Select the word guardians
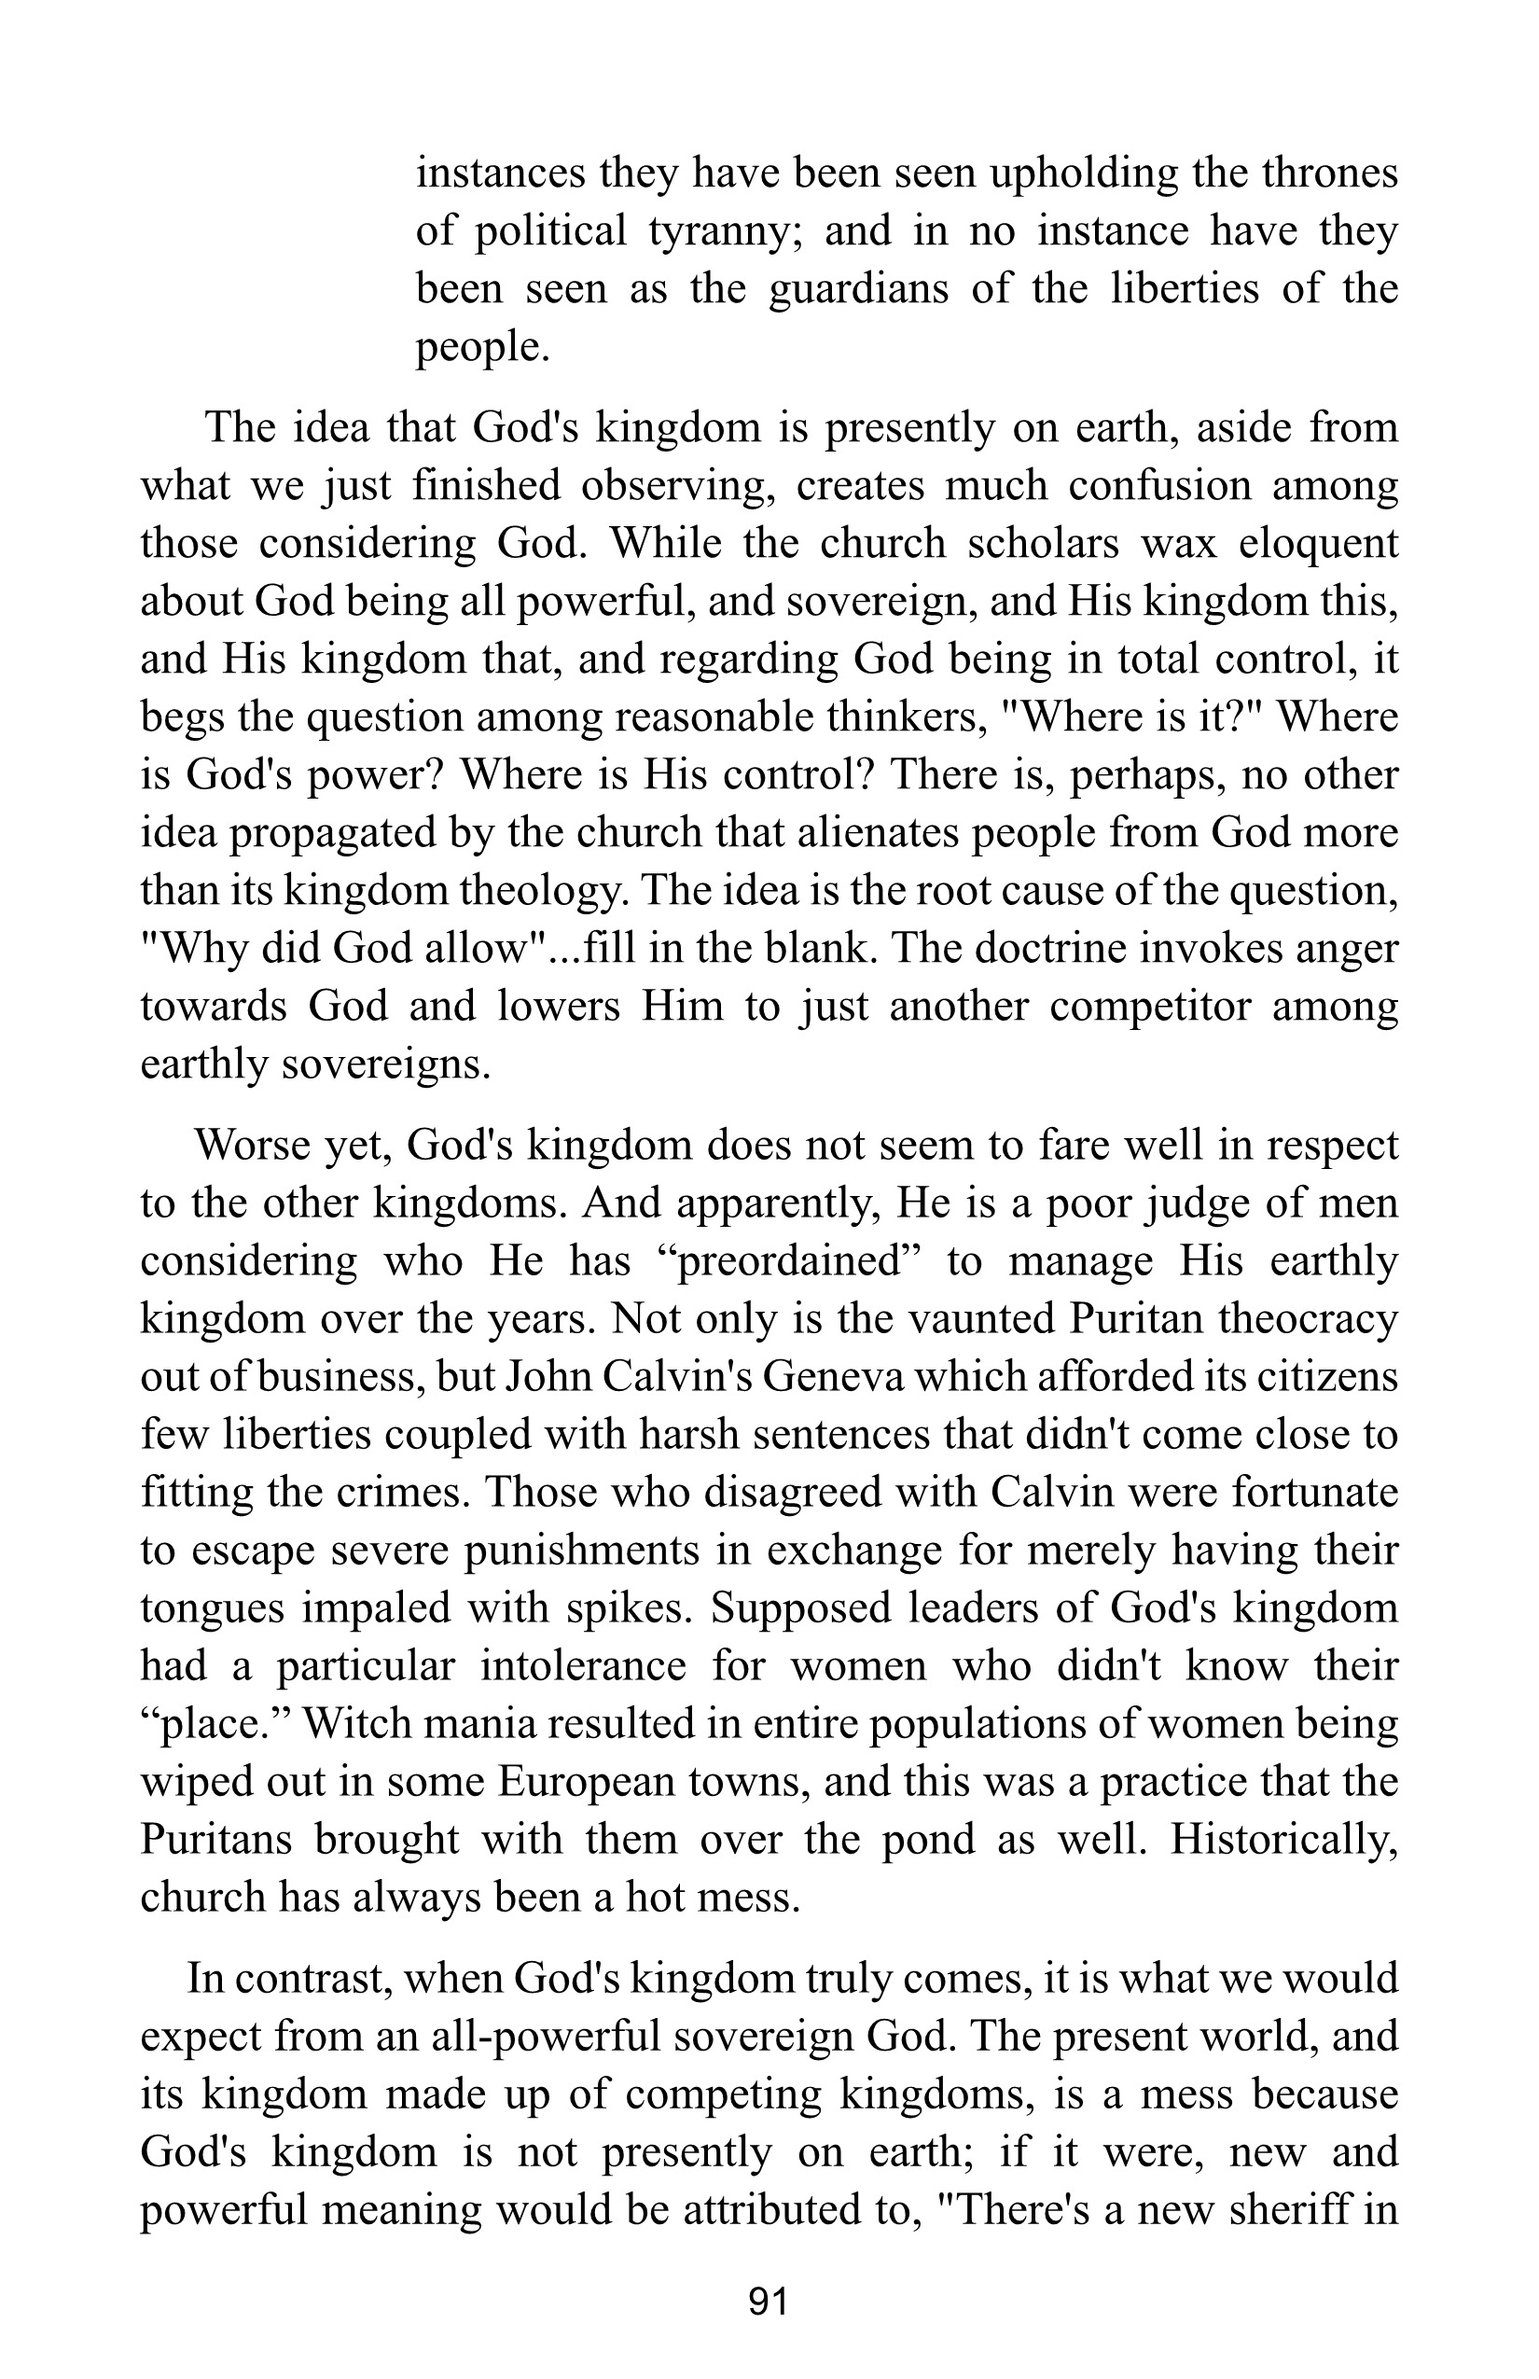click(x=863, y=290)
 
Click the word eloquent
click(x=1318, y=543)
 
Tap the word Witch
click(x=352, y=1724)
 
